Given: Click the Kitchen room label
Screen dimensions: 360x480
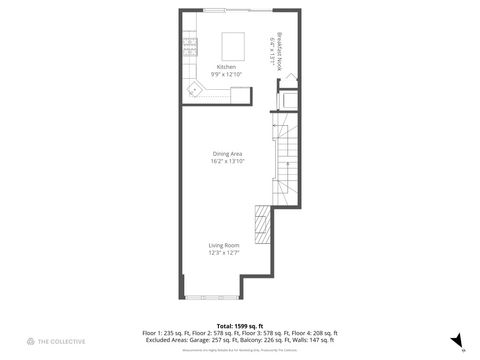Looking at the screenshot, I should tap(226, 67).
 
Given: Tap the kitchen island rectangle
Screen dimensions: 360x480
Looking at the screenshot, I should tap(233, 46).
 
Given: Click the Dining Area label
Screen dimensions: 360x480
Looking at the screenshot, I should tap(227, 154).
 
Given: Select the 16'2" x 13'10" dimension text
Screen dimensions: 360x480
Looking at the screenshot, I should tap(227, 161).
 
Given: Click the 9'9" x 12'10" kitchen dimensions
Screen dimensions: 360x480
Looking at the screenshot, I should tap(226, 74).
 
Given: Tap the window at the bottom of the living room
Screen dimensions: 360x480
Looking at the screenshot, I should tap(212, 297).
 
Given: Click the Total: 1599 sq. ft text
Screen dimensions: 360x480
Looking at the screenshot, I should tap(240, 326).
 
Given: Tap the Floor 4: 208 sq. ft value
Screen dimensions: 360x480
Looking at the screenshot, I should tap(317, 333).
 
